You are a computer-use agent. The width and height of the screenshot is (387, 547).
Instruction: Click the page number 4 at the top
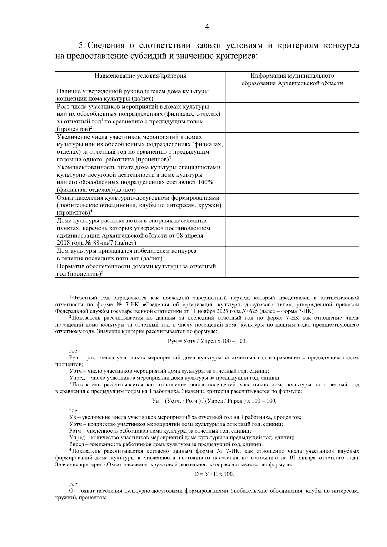pyautogui.click(x=207, y=27)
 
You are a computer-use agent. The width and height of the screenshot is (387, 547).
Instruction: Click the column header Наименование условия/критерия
pyautogui.click(x=140, y=76)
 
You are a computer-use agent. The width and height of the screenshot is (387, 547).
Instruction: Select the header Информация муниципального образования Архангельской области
pyautogui.click(x=292, y=80)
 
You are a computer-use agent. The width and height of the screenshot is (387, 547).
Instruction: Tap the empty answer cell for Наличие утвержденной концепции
pyautogui.click(x=292, y=95)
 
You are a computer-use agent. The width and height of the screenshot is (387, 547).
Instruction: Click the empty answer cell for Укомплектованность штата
pyautogui.click(x=292, y=178)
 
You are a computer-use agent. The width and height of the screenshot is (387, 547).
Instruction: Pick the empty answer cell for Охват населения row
pyautogui.click(x=292, y=205)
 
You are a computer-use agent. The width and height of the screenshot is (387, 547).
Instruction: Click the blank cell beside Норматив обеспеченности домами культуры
pyautogui.click(x=292, y=270)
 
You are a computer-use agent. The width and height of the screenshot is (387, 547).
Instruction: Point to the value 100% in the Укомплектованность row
pyautogui.click(x=205, y=182)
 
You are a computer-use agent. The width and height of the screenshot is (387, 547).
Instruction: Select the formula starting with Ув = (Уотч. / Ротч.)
pyautogui.click(x=214, y=401)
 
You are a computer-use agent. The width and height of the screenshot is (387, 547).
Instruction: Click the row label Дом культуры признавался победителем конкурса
pyautogui.click(x=127, y=251)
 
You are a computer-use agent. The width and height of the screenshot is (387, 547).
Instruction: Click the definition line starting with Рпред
pyautogui.click(x=166, y=444)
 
